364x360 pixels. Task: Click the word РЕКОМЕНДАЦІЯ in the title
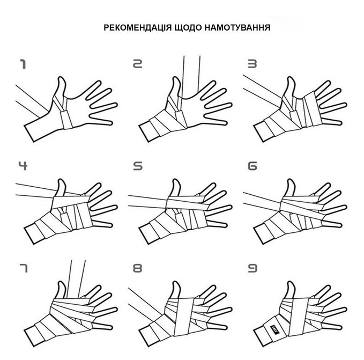tap(137, 28)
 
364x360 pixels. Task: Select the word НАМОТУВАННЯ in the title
tap(237, 28)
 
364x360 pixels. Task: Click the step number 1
tap(23, 64)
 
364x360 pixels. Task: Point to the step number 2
tap(137, 64)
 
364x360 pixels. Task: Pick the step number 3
tap(252, 64)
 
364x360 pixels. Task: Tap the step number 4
tap(23, 166)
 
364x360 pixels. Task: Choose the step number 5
tap(138, 166)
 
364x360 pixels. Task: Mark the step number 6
tap(252, 166)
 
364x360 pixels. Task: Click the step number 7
tap(23, 268)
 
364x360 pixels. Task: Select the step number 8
tap(137, 268)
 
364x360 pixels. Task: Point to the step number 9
tap(252, 268)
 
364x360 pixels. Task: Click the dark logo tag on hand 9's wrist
tap(274, 330)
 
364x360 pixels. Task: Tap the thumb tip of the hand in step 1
tap(61, 78)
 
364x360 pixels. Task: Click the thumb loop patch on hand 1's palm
tap(66, 120)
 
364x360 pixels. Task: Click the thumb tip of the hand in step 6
tap(291, 180)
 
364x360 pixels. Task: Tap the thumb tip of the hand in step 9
tap(291, 282)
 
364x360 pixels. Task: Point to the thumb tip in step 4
tap(61, 180)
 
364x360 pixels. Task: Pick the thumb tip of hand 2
tap(176, 78)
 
